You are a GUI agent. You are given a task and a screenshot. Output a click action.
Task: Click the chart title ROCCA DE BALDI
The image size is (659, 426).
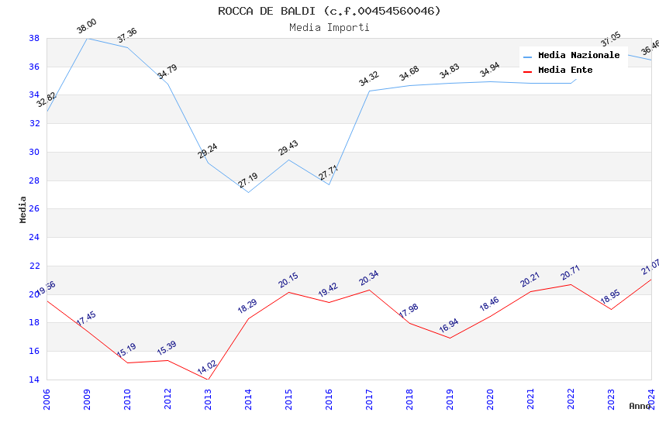[x=329, y=11]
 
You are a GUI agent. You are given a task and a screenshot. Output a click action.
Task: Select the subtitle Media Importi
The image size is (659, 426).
[x=329, y=27]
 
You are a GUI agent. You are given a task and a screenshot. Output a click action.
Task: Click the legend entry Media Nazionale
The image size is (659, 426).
[x=578, y=55]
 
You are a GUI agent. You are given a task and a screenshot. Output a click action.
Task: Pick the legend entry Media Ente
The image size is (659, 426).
[x=565, y=70]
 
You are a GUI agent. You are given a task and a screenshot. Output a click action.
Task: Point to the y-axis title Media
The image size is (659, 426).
[x=23, y=209]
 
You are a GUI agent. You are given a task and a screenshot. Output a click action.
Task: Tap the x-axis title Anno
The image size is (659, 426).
[x=640, y=406]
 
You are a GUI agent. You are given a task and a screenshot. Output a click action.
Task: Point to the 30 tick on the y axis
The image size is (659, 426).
[x=34, y=152]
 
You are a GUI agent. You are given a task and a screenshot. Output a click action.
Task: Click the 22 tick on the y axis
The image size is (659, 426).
[x=34, y=266]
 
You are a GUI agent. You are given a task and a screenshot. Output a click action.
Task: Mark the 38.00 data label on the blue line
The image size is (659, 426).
[x=86, y=29]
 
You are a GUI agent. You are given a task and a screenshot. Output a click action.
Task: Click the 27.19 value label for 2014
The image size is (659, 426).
[x=248, y=180]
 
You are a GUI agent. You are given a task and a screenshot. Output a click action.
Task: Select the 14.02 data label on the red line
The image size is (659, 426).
[x=207, y=367]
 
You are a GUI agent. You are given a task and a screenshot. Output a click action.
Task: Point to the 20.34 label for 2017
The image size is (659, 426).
[x=369, y=278]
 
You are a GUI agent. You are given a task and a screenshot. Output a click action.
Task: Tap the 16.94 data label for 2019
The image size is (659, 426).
[x=450, y=326]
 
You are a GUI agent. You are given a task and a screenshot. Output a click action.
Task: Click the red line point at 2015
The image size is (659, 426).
[x=288, y=292]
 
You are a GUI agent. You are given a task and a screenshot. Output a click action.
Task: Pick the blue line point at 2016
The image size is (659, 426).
[x=329, y=184]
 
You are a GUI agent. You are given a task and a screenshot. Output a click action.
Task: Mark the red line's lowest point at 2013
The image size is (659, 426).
[x=208, y=380]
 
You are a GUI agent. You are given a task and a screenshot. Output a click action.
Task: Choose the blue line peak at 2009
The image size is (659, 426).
[x=87, y=38]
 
